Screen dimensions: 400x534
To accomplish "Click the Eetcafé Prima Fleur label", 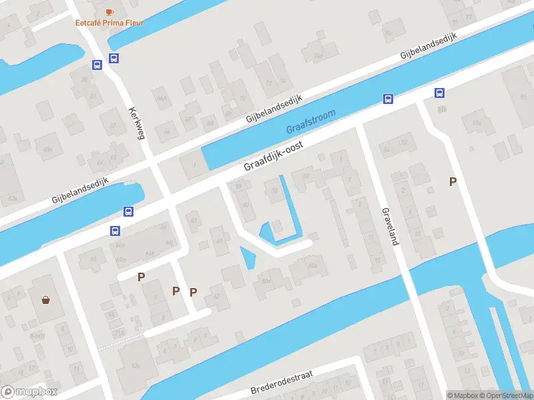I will click(x=109, y=22).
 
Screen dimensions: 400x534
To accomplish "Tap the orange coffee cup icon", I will click(x=109, y=12).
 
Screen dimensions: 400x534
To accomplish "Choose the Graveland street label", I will click(x=390, y=226).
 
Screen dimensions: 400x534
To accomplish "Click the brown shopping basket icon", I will click(x=46, y=299).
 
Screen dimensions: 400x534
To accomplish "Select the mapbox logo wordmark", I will click(x=29, y=392).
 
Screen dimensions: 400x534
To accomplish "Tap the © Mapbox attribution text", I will click(x=462, y=395).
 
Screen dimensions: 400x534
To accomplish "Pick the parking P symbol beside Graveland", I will click(x=453, y=181).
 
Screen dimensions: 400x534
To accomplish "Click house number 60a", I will click(x=311, y=265).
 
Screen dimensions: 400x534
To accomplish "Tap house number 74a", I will click(x=318, y=55).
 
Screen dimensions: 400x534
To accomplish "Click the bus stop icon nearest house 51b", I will click(x=439, y=93).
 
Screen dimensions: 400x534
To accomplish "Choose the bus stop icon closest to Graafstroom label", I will click(x=388, y=99).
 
